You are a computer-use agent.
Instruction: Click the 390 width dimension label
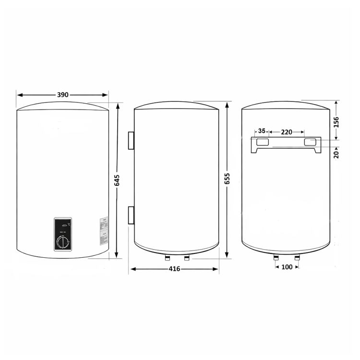[x=62, y=95]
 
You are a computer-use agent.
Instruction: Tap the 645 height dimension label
[x=117, y=180]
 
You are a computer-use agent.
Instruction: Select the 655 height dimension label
[x=228, y=179]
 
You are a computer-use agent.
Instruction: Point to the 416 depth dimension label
[x=174, y=269]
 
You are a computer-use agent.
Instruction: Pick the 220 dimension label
[x=287, y=131]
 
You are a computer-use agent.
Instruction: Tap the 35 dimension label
[x=262, y=131]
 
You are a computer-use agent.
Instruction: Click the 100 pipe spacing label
[x=287, y=267]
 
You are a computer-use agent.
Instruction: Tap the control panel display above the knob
[x=62, y=224]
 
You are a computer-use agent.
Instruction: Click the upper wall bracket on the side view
[x=131, y=140]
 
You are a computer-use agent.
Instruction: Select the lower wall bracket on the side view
[x=131, y=216]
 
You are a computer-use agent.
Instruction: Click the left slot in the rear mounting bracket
[x=262, y=142]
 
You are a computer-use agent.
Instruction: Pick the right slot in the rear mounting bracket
[x=310, y=142]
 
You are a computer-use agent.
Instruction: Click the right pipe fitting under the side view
[x=187, y=257]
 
